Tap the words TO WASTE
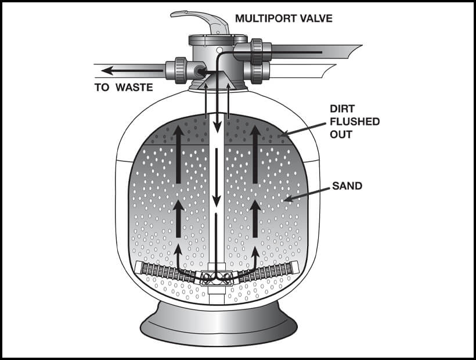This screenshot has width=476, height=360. (124, 88)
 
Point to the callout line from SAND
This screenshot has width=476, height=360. (308, 194)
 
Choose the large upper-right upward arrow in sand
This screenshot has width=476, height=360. (254, 154)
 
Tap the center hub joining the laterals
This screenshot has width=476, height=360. (216, 278)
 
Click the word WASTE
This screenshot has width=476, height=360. (135, 88)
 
